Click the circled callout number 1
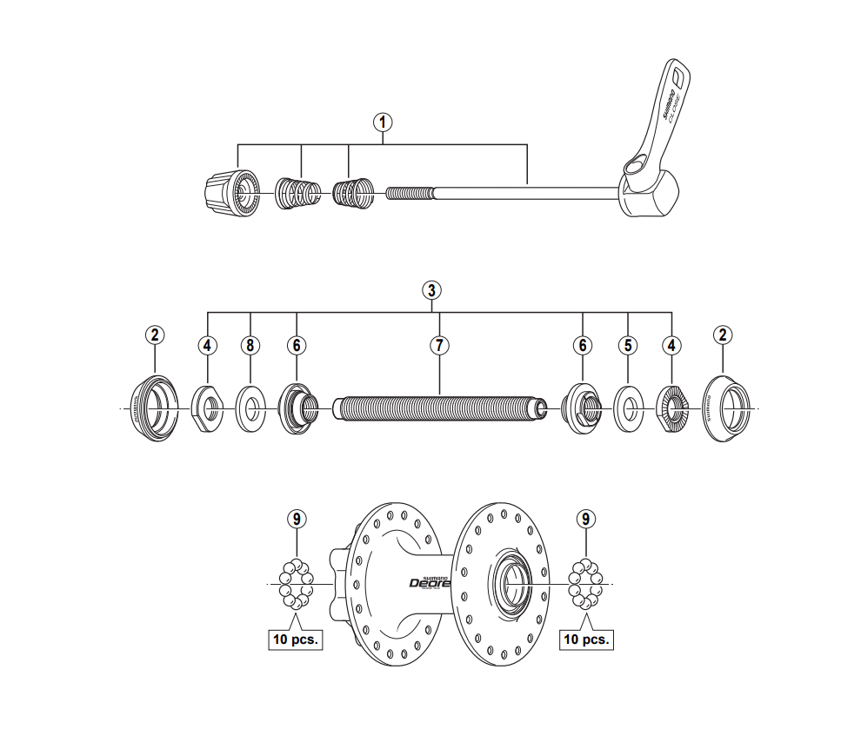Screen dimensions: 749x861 382,122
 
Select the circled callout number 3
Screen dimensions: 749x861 431,289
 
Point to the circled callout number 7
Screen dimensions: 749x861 440,345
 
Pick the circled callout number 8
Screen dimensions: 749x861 250,345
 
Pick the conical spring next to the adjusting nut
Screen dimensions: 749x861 297,192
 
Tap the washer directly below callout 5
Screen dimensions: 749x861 627,407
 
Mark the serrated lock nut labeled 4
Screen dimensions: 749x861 671,407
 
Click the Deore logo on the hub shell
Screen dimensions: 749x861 429,582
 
